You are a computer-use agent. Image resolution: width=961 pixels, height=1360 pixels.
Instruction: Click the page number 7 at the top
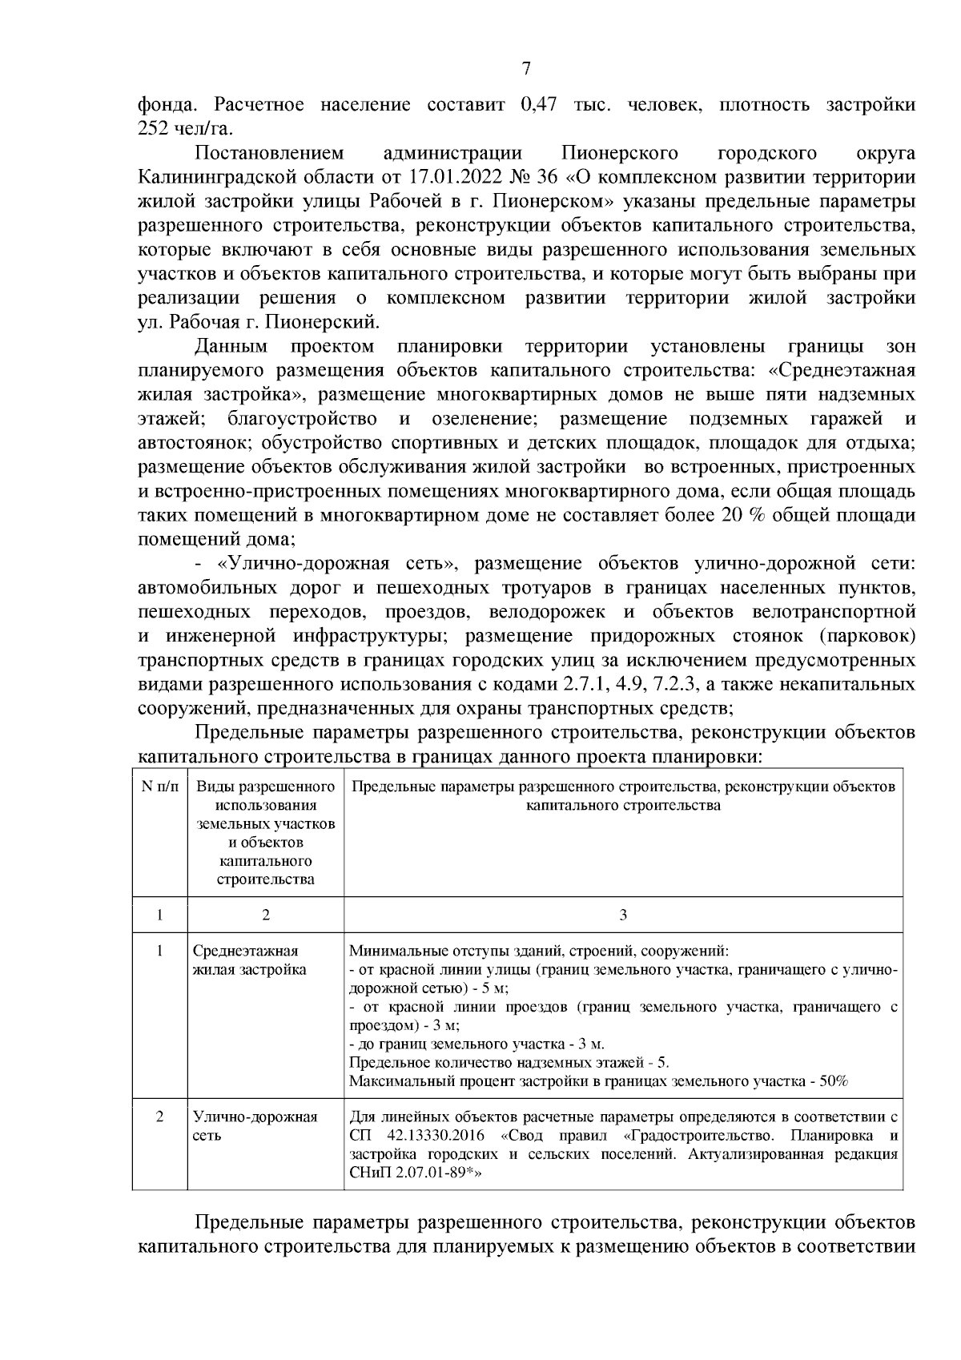pos(526,68)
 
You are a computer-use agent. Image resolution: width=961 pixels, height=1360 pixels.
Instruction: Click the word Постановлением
pos(269,153)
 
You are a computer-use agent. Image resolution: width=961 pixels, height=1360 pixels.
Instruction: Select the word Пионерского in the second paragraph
pos(620,153)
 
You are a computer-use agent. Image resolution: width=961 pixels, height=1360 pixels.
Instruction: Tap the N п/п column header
pos(159,787)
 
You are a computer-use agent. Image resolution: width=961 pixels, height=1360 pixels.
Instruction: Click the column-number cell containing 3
pos(623,915)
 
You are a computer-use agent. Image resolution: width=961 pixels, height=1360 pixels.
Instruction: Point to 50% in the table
pos(832,1080)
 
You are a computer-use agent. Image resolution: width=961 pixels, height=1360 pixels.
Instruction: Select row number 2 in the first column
pos(159,1117)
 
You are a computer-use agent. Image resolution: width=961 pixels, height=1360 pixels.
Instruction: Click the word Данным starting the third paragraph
pos(231,347)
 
